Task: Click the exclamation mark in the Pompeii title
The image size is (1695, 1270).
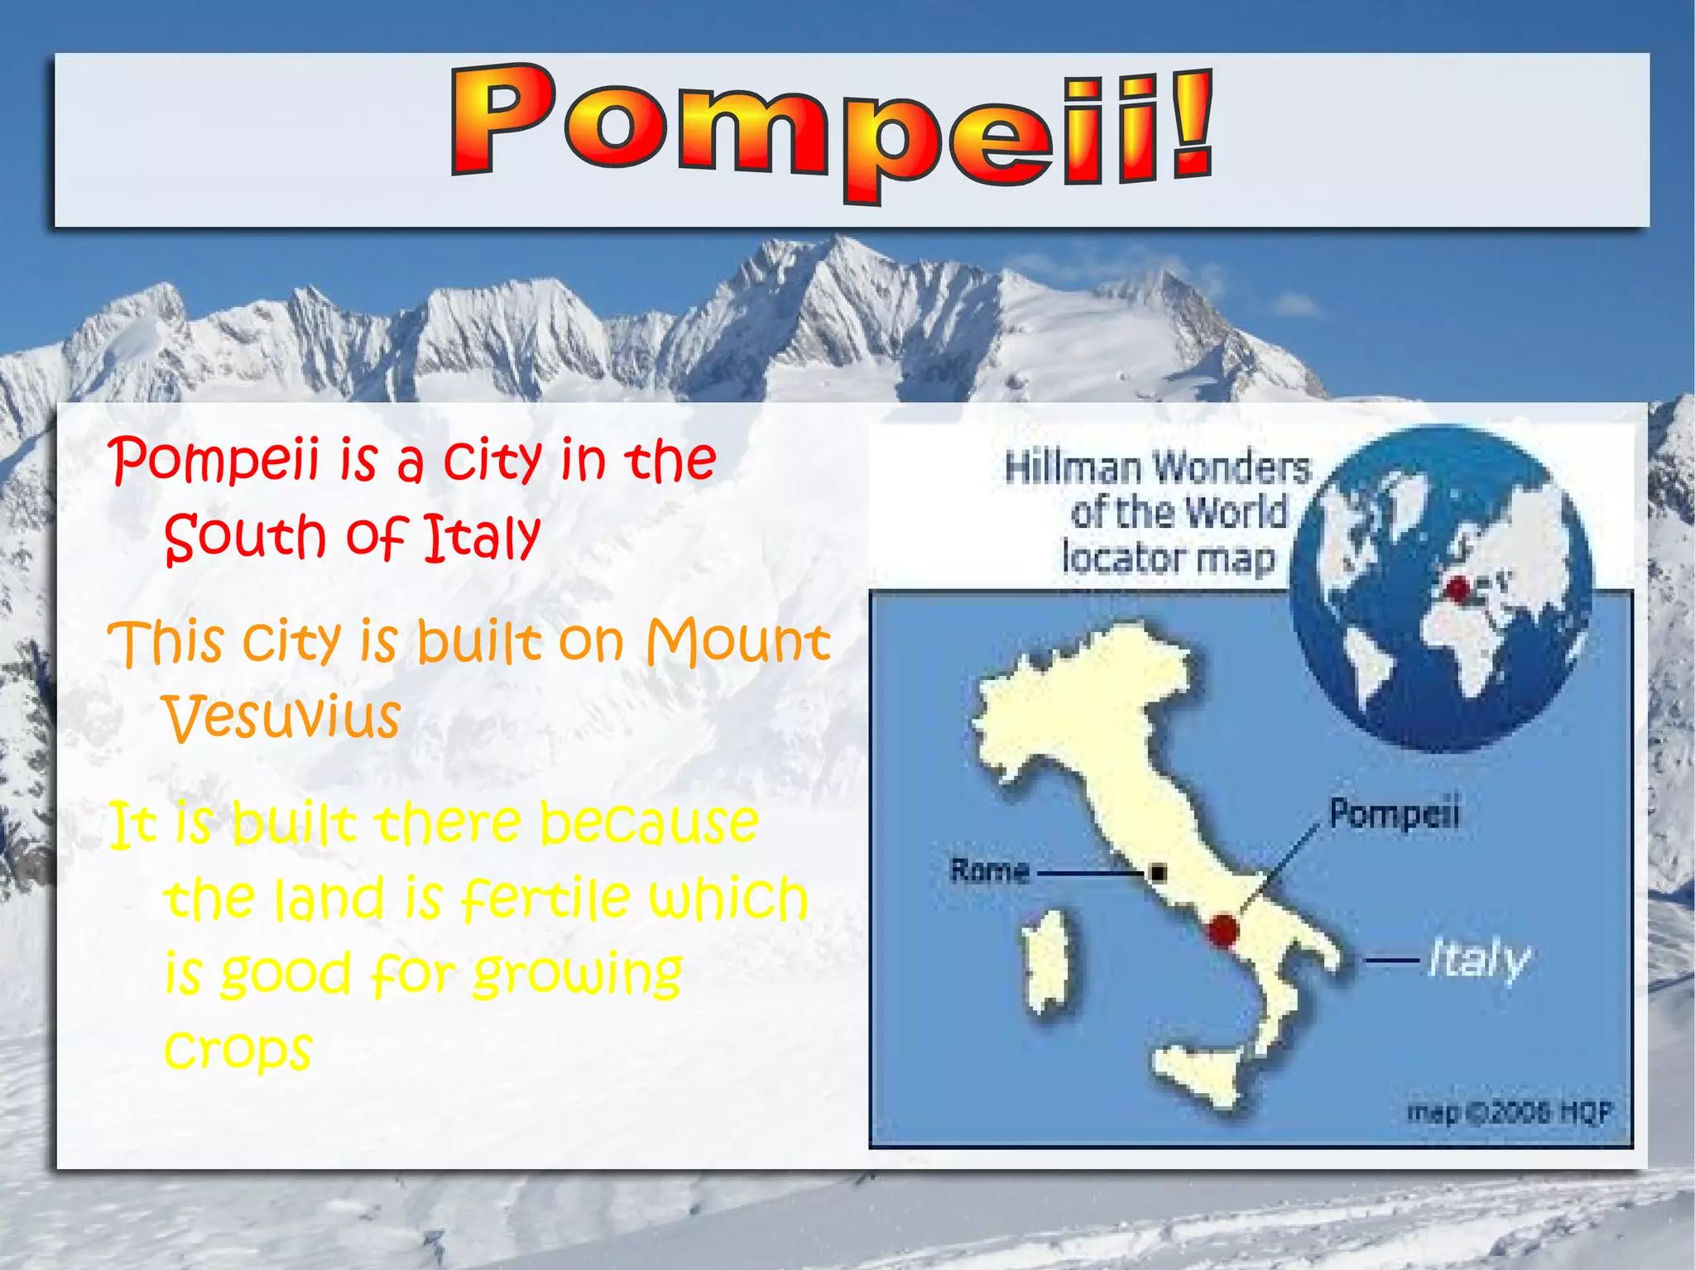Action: pos(1192,124)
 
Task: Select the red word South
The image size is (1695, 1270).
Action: pos(245,537)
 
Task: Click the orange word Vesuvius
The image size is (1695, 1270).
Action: pos(281,716)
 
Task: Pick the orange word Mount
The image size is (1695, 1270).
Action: pos(737,641)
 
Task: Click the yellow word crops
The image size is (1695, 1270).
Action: pos(238,1049)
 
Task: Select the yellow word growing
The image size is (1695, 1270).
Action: pos(577,975)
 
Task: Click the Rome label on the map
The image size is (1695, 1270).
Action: pos(990,870)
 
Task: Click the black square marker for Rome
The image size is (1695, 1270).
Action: pos(1159,872)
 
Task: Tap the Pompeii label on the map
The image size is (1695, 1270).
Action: pos(1394,812)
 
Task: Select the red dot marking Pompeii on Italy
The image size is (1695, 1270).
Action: pos(1222,930)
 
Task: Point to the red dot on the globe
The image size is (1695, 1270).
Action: pos(1457,589)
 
